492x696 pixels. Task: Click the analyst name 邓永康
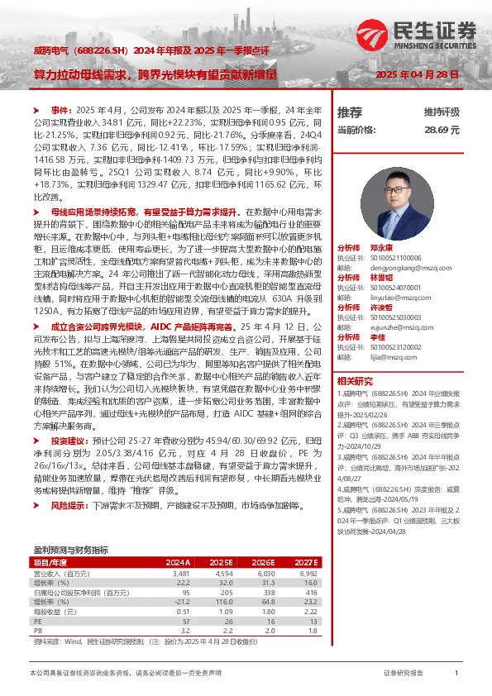381,247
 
